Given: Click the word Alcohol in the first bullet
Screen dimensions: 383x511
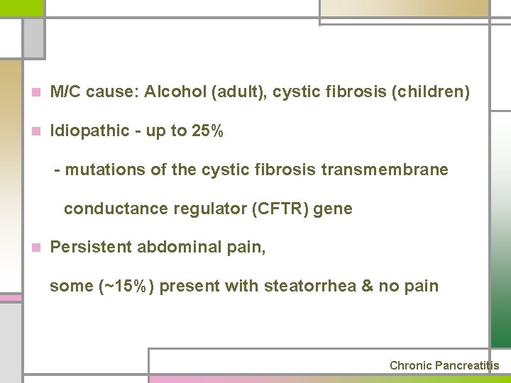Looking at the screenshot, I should point(171,92).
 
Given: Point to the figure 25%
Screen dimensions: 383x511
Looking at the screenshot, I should point(208,131).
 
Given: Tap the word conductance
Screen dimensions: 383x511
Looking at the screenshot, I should point(110,209).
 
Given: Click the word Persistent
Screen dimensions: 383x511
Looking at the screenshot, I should point(92,248).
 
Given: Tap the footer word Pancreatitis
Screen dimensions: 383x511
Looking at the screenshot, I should point(467,366).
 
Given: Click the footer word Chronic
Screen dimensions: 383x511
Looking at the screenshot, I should point(410,366).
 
